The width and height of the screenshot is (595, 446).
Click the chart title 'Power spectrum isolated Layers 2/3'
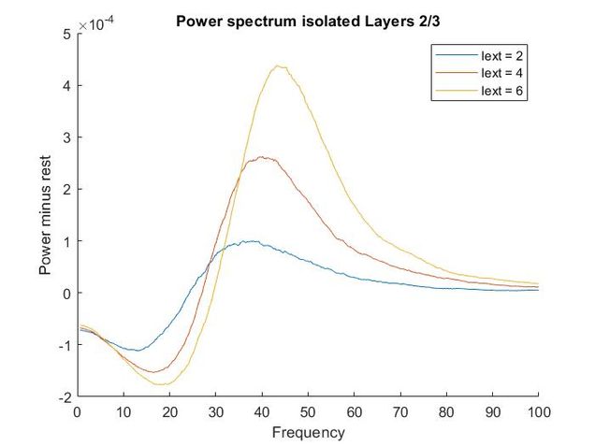point(308,17)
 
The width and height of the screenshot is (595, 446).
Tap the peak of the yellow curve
point(280,65)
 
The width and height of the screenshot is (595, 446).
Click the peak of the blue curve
point(250,241)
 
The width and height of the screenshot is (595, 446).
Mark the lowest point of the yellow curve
point(162,384)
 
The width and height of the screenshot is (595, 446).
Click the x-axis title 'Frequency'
point(308,433)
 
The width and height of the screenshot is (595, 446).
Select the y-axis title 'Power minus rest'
point(45,215)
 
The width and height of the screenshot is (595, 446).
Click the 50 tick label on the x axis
point(308,412)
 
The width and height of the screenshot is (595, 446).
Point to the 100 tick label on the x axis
point(539,412)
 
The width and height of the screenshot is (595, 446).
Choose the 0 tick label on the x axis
point(78,412)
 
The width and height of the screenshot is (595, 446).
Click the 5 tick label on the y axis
point(66,35)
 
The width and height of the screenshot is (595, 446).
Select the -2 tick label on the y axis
point(64,396)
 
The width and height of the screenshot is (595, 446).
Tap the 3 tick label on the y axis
point(66,137)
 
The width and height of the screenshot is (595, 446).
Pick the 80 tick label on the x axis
point(446,412)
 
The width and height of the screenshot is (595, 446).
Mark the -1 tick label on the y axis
point(64,345)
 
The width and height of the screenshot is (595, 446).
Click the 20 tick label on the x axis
point(169,412)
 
